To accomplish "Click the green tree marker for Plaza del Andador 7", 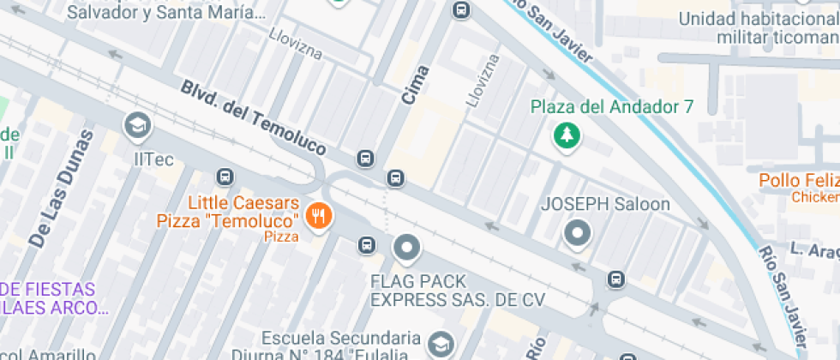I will tap(566, 135).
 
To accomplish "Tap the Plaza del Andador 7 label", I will tap(611, 107).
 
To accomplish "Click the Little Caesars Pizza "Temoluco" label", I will tap(228, 213).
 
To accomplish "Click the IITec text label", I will tap(154, 159).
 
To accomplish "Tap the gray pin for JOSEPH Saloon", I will tap(578, 233).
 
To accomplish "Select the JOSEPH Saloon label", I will tap(605, 205).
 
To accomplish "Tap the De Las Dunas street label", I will tap(60, 189).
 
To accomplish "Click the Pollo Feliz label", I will tap(798, 181).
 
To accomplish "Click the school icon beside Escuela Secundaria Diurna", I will tap(441, 343).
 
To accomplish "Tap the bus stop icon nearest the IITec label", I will tap(225, 177).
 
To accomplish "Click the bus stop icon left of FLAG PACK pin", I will tap(367, 245).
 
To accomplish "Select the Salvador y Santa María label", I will tap(165, 12).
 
